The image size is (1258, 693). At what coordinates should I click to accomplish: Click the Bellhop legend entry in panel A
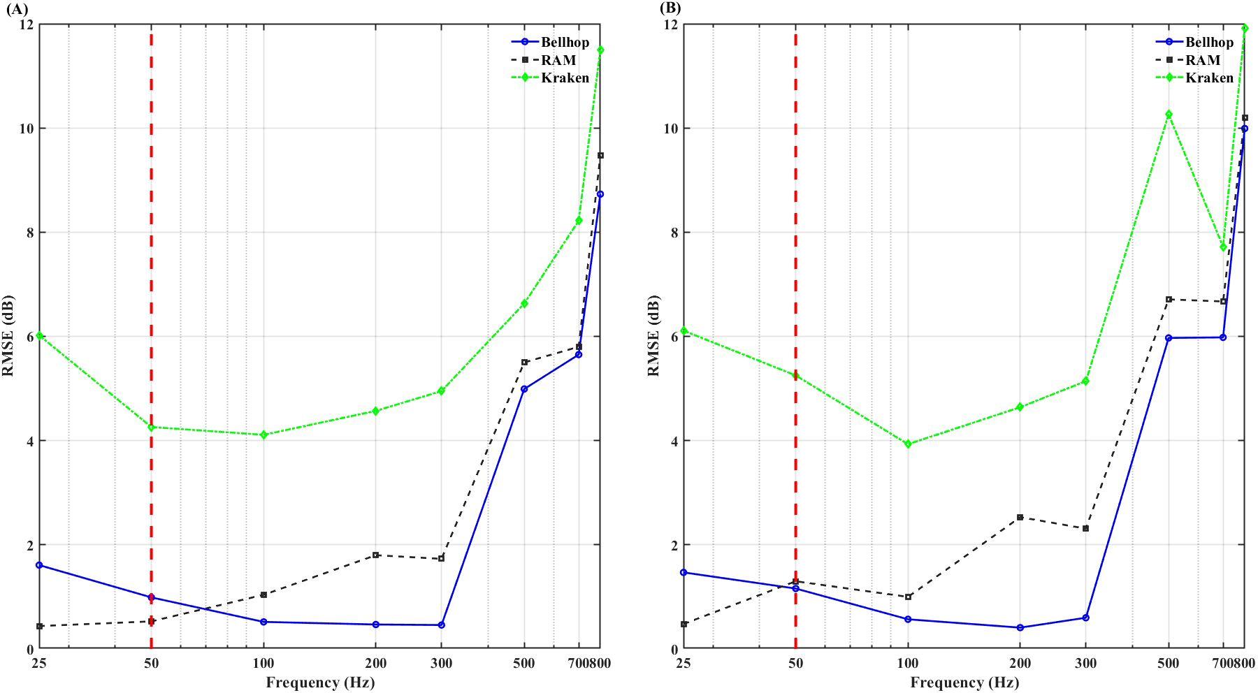point(565,42)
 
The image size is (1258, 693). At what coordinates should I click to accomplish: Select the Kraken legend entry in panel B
point(1209,78)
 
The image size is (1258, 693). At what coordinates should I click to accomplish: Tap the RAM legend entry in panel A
point(558,60)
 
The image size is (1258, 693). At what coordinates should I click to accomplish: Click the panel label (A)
point(16,8)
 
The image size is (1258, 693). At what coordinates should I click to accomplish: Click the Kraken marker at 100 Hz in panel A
point(263,435)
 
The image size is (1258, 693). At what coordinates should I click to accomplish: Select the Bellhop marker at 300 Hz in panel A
point(441,625)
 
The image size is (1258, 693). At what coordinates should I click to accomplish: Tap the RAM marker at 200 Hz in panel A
point(376,555)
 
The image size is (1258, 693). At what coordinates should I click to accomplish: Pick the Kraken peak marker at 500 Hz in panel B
point(1169,114)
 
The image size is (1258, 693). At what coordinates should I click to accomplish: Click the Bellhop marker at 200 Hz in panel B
point(1020,627)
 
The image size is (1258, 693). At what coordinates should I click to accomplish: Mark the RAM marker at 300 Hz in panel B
point(1085,528)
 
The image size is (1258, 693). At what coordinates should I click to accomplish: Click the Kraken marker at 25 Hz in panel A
point(40,335)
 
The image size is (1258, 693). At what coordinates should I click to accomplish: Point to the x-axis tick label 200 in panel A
point(376,663)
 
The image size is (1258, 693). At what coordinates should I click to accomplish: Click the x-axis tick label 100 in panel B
point(908,663)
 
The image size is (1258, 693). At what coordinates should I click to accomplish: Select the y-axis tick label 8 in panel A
point(29,233)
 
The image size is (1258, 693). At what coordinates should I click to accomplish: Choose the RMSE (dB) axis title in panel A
point(8,336)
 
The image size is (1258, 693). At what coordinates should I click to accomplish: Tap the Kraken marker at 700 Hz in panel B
point(1223,247)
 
